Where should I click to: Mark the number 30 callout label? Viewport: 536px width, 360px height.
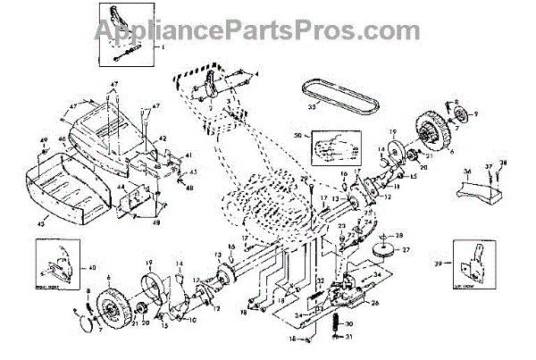(x=351, y=324)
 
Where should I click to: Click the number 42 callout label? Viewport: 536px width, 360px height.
(x=163, y=138)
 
